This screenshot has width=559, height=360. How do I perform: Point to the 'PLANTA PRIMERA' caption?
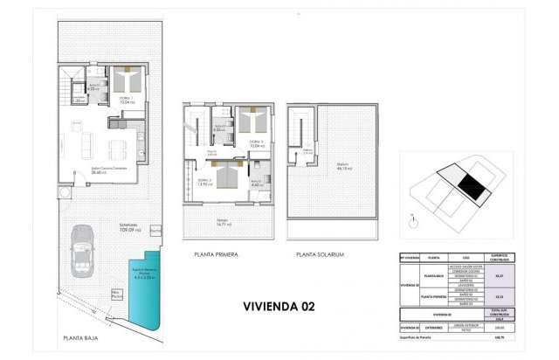click(216, 254)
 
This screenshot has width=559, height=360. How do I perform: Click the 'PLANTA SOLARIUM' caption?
click(321, 254)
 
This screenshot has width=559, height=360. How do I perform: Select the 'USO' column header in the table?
click(466, 259)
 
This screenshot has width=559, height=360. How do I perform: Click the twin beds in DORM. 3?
click(252, 122)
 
